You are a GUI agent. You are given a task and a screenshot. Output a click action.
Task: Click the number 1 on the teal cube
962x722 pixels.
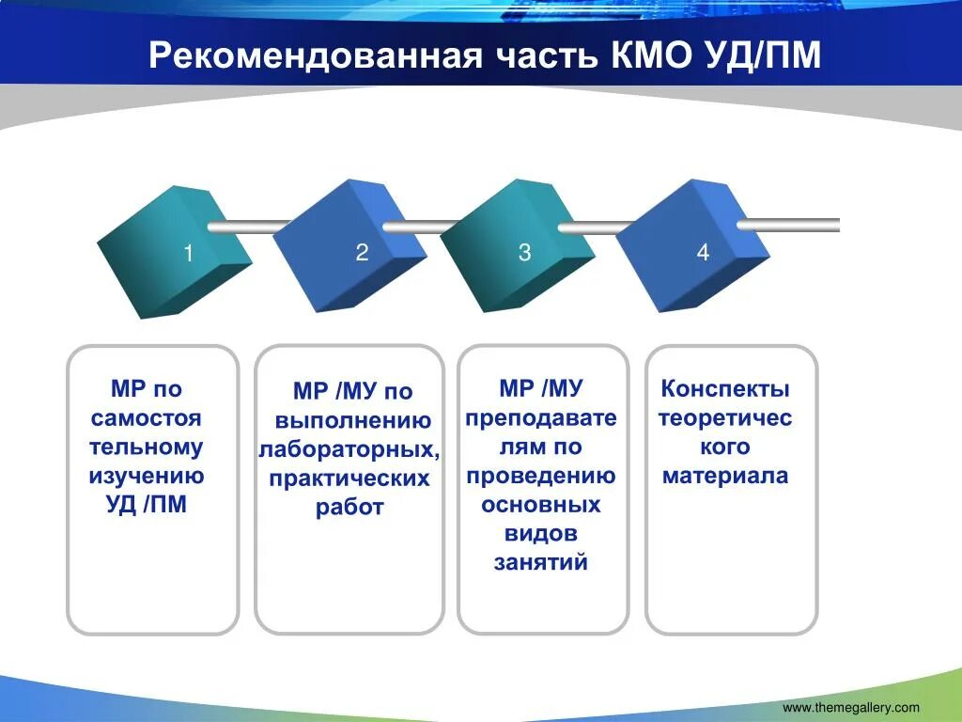(x=188, y=253)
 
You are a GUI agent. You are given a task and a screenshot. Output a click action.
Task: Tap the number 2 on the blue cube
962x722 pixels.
(x=362, y=252)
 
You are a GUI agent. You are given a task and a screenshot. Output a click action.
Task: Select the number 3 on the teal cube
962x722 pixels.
(x=524, y=252)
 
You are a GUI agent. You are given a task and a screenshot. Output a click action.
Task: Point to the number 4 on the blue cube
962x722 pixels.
(x=703, y=252)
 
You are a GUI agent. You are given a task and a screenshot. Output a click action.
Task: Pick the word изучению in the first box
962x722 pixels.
(x=147, y=477)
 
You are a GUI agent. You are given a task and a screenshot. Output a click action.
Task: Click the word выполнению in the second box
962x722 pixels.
(x=353, y=420)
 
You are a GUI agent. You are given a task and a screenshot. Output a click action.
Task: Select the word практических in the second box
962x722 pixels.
(x=349, y=479)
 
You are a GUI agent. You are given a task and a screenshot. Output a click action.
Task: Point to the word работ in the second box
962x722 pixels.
(x=349, y=508)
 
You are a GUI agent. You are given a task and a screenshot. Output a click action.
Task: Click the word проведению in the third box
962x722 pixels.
(x=541, y=477)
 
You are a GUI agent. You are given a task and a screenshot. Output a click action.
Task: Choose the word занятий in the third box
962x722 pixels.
(x=541, y=562)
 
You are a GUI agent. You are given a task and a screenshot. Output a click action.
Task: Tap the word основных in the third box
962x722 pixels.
(x=541, y=505)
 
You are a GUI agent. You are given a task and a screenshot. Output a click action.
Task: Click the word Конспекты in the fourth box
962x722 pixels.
(x=725, y=388)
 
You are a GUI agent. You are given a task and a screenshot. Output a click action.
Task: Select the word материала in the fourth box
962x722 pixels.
(x=725, y=476)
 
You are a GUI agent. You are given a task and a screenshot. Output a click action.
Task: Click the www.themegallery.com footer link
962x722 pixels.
(x=851, y=708)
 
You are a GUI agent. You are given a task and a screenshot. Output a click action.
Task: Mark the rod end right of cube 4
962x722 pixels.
(x=838, y=226)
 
